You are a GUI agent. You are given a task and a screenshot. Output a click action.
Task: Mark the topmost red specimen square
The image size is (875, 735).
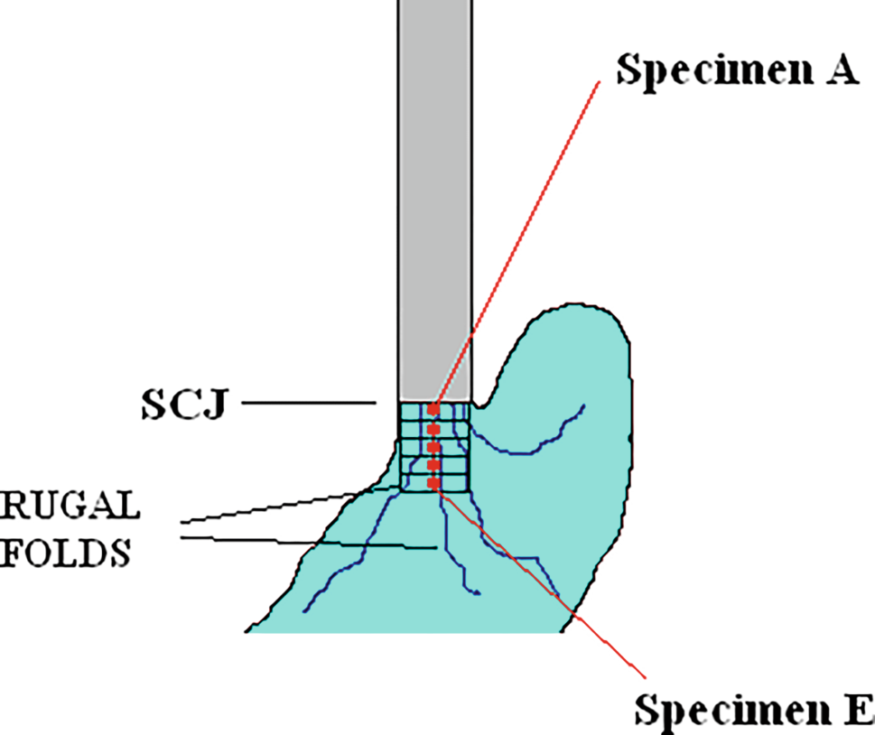point(434,411)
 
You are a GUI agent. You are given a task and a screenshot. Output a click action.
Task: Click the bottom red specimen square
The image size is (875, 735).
point(434,484)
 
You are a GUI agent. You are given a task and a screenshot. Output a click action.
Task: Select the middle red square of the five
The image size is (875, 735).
point(434,447)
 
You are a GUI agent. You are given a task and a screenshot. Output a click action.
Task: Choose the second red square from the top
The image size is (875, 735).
point(434,429)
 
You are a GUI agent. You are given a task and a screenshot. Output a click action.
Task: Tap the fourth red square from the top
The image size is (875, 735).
point(434,466)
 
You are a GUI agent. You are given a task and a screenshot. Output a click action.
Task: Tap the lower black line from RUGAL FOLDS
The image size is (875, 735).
point(298,543)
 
